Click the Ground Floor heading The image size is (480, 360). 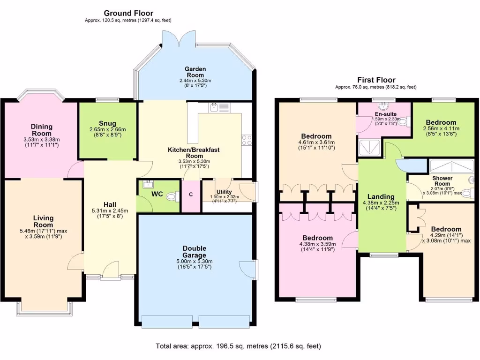coord(128,13)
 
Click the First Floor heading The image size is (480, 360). coord(376,80)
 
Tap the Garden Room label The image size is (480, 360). coord(195,72)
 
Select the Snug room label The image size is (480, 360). coord(107,123)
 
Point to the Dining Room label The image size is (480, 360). coord(42,130)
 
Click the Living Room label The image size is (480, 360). coord(43,221)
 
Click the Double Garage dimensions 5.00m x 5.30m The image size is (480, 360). coord(195,261)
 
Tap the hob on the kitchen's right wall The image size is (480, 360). coord(247,139)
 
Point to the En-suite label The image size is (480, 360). coord(386,114)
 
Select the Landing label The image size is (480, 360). coord(381,196)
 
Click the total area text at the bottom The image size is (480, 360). coord(238,346)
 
